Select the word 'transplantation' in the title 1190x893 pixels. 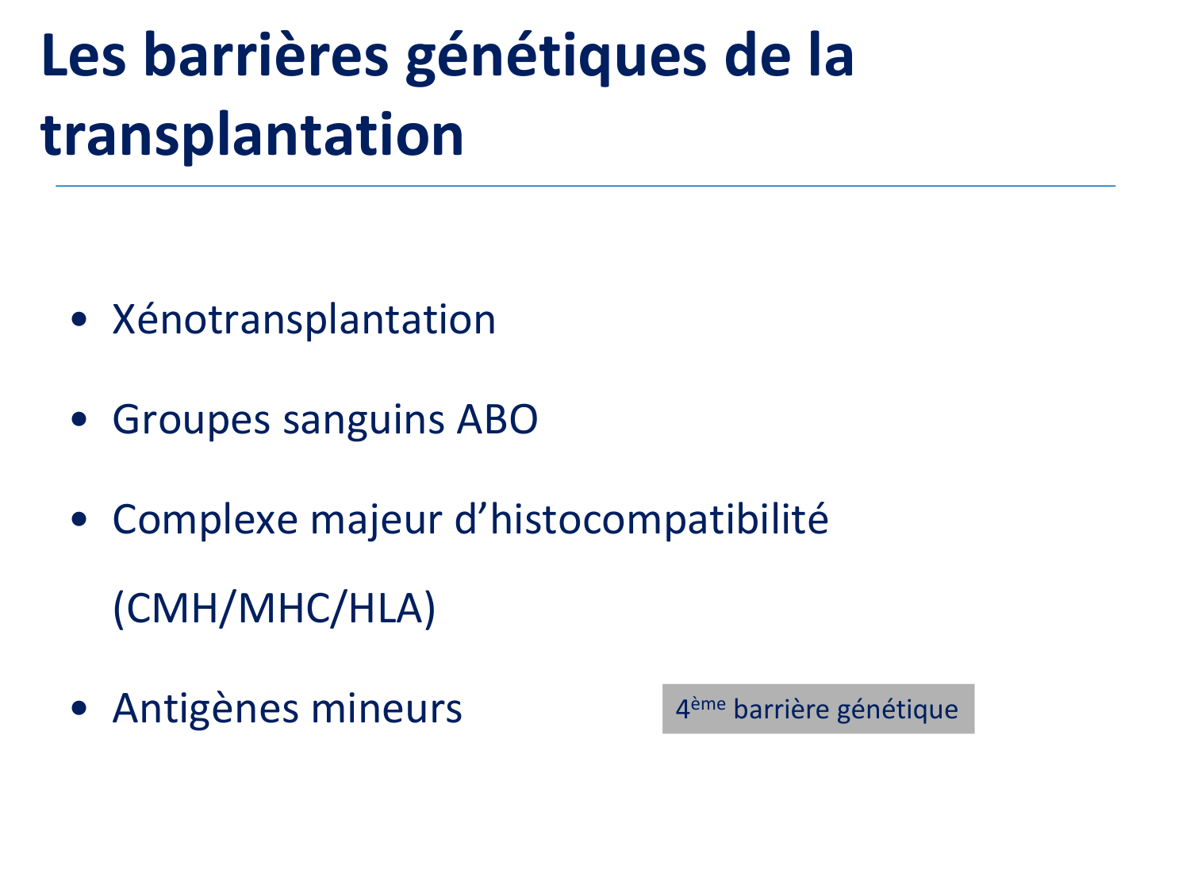[252, 136]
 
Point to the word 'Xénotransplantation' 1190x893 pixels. [304, 319]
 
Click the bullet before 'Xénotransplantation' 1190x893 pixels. [79, 319]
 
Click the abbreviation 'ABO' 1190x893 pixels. [497, 420]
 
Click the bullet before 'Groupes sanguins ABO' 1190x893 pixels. [79, 419]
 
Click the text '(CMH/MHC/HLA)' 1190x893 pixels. [274, 609]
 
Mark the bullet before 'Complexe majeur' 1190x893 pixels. [79, 519]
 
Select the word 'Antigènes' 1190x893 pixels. [205, 709]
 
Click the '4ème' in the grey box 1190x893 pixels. [701, 708]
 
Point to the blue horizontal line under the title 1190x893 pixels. [585, 186]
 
